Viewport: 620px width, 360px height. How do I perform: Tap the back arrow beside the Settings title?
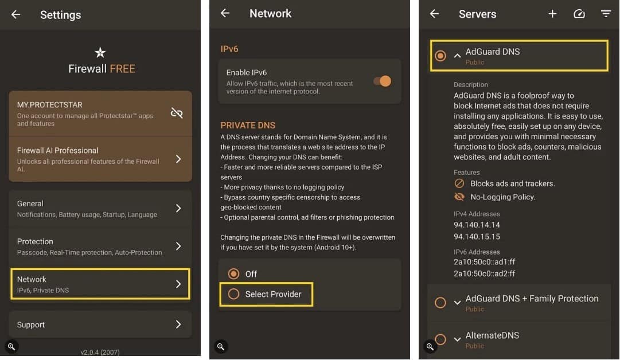(x=15, y=15)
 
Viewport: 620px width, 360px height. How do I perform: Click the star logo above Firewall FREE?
(x=100, y=53)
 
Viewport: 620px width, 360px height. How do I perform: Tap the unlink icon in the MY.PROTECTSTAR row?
(x=177, y=113)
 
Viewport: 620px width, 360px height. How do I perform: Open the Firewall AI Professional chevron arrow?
(x=178, y=159)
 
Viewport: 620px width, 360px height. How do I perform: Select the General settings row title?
(x=30, y=204)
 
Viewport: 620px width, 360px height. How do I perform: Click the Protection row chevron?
(x=178, y=246)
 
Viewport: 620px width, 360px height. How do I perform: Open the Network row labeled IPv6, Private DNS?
(x=100, y=284)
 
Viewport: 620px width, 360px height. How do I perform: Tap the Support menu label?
(x=31, y=324)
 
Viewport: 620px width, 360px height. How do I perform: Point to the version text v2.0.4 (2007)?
(x=100, y=352)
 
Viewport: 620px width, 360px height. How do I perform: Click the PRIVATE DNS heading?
(x=248, y=125)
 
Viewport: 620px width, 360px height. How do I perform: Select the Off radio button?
(x=233, y=273)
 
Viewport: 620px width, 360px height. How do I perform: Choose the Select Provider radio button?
(x=233, y=294)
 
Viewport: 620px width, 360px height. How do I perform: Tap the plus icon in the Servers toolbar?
(x=552, y=14)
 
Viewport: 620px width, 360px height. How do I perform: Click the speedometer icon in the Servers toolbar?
(x=579, y=14)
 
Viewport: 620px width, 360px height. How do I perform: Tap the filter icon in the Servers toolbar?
(x=606, y=14)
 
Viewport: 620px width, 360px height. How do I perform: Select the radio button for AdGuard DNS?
(x=440, y=56)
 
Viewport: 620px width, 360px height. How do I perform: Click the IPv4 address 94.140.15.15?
(x=477, y=236)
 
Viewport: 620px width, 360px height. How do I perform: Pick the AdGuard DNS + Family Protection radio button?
(x=440, y=303)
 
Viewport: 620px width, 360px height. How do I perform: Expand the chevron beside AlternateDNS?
(x=457, y=339)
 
